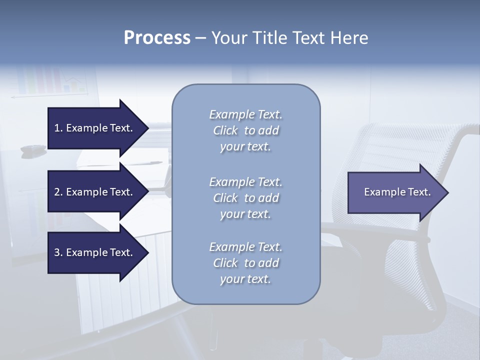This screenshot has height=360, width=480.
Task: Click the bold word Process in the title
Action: [x=157, y=38]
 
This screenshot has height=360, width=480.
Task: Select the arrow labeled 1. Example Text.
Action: [x=95, y=128]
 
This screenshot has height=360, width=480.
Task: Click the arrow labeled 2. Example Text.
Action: [x=95, y=192]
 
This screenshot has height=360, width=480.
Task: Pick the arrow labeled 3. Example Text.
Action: [x=95, y=252]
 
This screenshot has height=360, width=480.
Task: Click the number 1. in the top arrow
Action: [x=58, y=128]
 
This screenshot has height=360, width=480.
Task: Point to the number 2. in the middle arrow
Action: [x=58, y=192]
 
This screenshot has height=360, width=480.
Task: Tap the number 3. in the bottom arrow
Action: [x=58, y=252]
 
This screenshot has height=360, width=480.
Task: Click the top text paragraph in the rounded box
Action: [x=245, y=130]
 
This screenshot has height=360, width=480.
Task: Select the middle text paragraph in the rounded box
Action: [x=245, y=198]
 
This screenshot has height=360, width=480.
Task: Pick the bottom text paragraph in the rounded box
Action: [x=245, y=263]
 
